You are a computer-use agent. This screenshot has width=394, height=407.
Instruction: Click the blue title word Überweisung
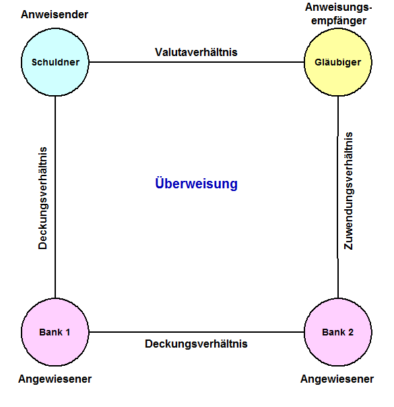click(197, 184)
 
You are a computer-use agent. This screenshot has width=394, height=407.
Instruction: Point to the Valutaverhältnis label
click(196, 52)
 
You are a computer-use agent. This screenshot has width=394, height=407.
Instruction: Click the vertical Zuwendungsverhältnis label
click(348, 191)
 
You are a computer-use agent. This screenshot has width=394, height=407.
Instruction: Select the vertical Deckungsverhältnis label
click(42, 198)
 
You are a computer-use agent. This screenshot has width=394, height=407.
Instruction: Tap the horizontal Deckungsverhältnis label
click(196, 344)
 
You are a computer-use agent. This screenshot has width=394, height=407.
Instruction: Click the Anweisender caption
click(55, 15)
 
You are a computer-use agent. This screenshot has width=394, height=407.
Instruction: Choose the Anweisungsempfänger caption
click(339, 13)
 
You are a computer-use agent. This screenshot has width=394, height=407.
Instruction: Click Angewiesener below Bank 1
click(55, 379)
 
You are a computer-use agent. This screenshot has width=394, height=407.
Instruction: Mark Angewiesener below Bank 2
click(337, 379)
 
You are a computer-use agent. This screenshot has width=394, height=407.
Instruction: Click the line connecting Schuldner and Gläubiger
click(197, 62)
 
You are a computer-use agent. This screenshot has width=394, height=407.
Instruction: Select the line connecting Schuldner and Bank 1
click(55, 197)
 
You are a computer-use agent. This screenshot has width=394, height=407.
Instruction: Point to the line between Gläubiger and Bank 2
click(338, 197)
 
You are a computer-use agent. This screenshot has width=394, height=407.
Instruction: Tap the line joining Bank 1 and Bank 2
click(197, 332)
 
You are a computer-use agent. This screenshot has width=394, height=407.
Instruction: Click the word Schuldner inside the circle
click(55, 62)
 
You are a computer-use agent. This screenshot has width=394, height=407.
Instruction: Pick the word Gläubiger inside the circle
click(338, 63)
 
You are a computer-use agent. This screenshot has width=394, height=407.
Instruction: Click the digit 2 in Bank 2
click(351, 332)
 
